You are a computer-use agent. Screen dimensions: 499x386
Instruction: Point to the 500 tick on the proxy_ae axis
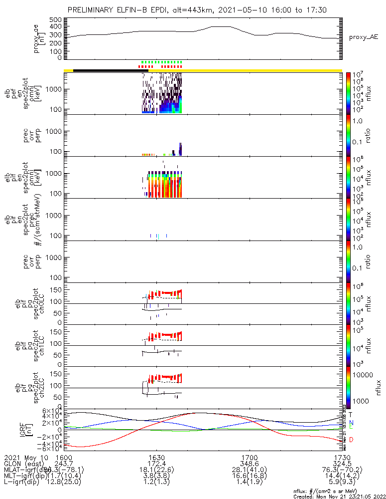pyautogui.click(x=55, y=20)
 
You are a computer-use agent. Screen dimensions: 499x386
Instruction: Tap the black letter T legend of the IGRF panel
pyautogui.click(x=351, y=414)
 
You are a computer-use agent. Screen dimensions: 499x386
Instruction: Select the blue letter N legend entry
pyautogui.click(x=351, y=422)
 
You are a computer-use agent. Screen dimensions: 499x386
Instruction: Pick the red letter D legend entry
pyautogui.click(x=351, y=440)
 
